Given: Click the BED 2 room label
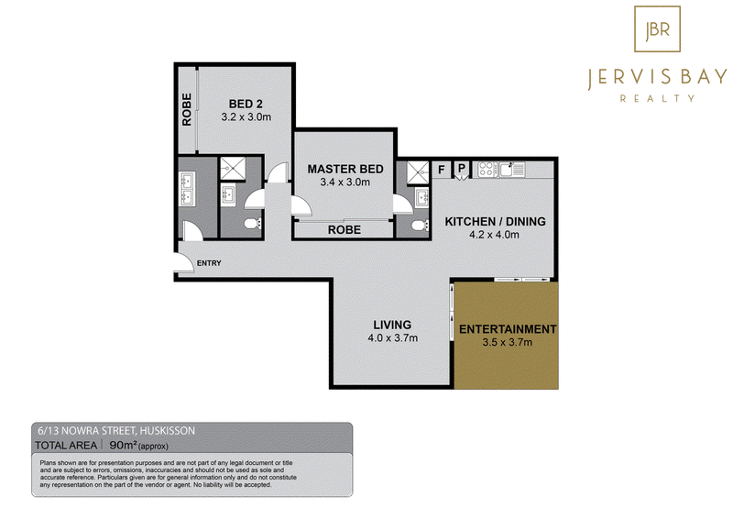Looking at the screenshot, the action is coord(246,104).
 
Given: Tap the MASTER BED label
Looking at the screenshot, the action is coord(345,169).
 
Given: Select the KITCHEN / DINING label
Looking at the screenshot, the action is coord(495,221).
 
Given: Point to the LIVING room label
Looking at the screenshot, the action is coord(392,325).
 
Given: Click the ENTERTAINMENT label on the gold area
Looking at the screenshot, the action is coord(508,329).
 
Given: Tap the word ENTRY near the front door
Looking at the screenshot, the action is coord(209,263).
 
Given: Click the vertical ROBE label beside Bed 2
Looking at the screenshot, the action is coord(187,109).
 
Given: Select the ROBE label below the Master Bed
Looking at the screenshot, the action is coord(345,230).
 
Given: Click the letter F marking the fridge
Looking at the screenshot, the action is coord(442,169).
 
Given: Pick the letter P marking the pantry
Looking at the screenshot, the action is coord(462,168).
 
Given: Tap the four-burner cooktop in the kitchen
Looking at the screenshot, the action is coord(487,169).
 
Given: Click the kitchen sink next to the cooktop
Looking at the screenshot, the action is coord(512,169).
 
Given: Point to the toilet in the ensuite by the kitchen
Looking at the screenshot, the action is coord(421,226).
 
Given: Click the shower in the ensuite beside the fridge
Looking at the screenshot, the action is coord(418,172).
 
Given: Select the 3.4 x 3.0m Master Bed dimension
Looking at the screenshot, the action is coord(345,182).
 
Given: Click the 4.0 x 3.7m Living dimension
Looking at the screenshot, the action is coord(393,337).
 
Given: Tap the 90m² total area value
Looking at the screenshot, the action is coord(123,445).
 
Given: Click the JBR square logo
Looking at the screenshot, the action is coord(657,28).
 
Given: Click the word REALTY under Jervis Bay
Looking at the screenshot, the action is coord(657,98).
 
